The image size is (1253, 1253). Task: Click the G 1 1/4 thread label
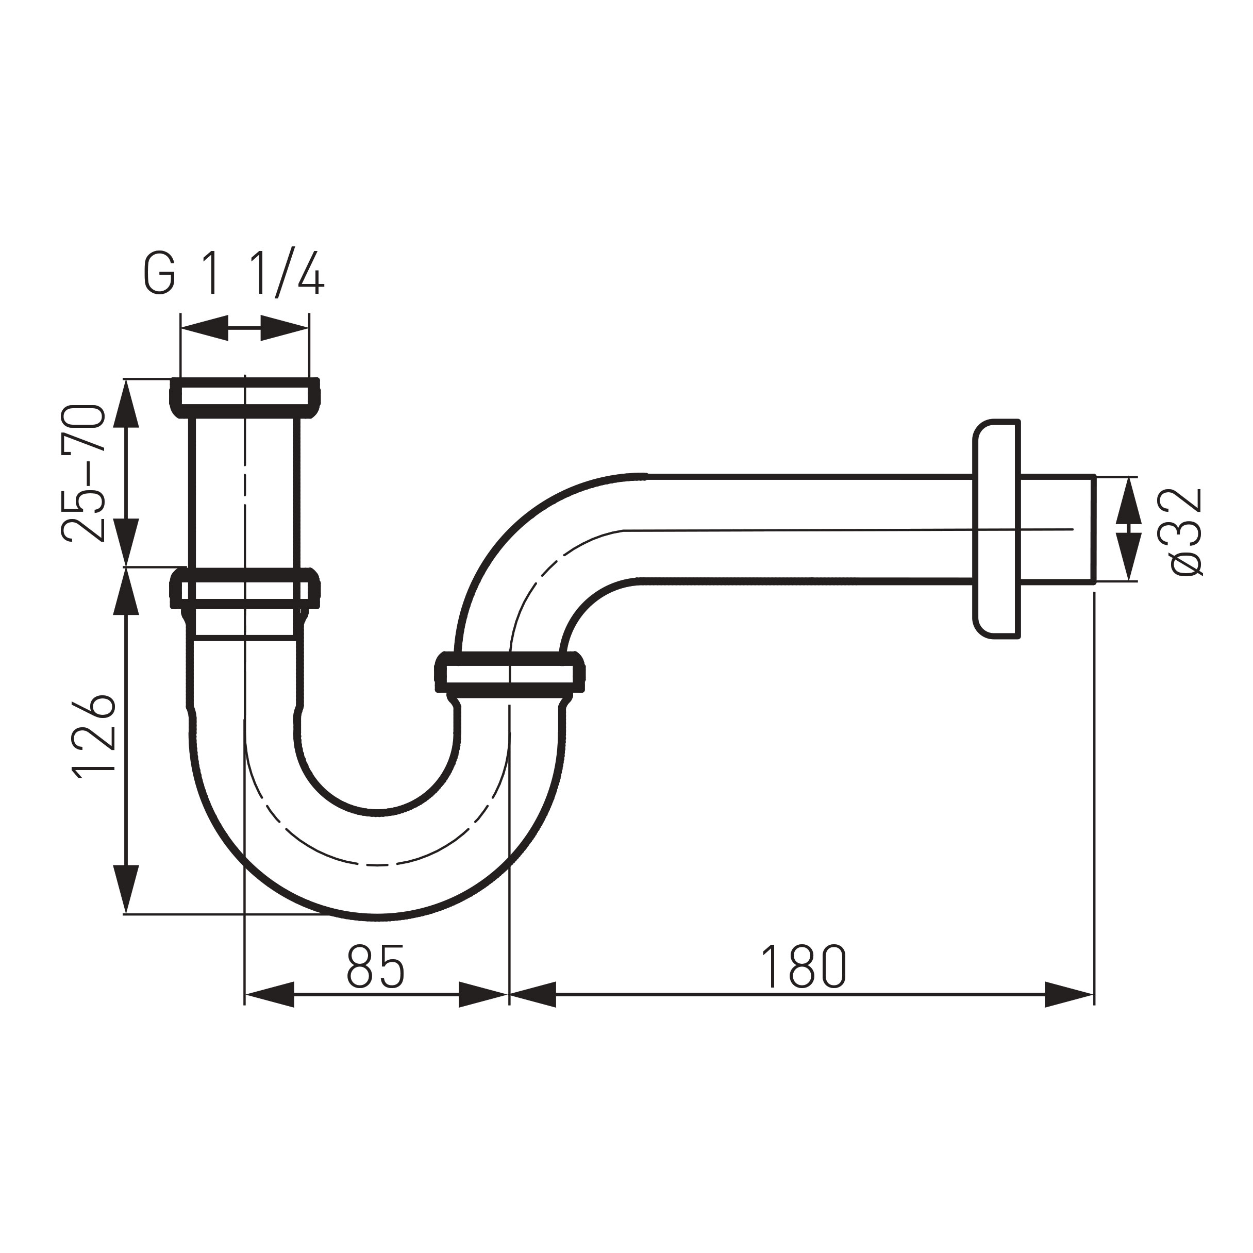(x=233, y=272)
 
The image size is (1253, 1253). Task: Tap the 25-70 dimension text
(x=83, y=474)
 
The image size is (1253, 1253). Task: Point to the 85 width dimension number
(x=376, y=966)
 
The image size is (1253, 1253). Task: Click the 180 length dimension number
(x=803, y=966)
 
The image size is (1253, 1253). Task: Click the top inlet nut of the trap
(x=245, y=397)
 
